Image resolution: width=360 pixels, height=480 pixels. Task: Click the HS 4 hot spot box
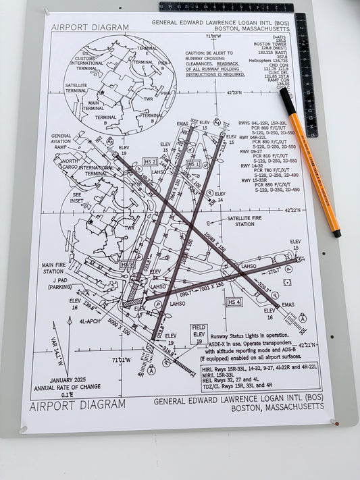[234, 302]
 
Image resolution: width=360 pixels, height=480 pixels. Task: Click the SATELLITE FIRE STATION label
[251, 221]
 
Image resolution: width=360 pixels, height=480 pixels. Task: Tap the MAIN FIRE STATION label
[57, 268]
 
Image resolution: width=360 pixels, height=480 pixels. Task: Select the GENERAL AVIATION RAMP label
[61, 141]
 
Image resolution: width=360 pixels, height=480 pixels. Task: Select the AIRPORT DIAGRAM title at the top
[80, 28]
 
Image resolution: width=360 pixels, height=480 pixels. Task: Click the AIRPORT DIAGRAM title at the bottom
[77, 404]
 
